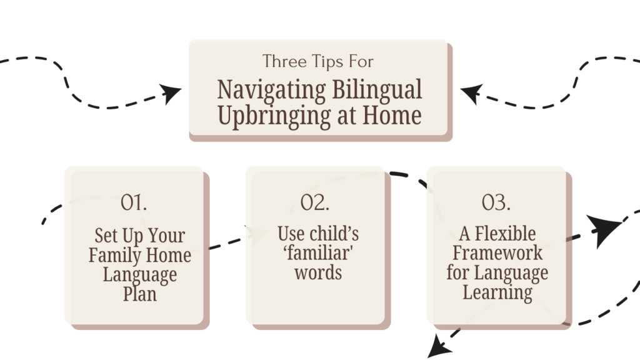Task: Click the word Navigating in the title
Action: coord(271,91)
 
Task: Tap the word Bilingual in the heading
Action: coord(377,90)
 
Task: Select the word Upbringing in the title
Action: coord(274,116)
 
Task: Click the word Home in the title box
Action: coord(392,115)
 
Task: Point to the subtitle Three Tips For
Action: coord(317,62)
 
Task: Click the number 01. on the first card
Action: coord(134,202)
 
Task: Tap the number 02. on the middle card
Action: coord(315,202)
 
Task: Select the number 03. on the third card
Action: coord(496,202)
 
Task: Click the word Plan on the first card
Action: coord(140,294)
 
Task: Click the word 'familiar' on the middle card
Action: coord(318,253)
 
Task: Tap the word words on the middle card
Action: coord(318,272)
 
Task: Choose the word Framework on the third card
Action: coord(497,253)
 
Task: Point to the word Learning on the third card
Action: coord(497,293)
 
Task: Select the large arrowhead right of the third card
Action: coord(604,229)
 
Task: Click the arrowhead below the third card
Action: coord(439,347)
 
